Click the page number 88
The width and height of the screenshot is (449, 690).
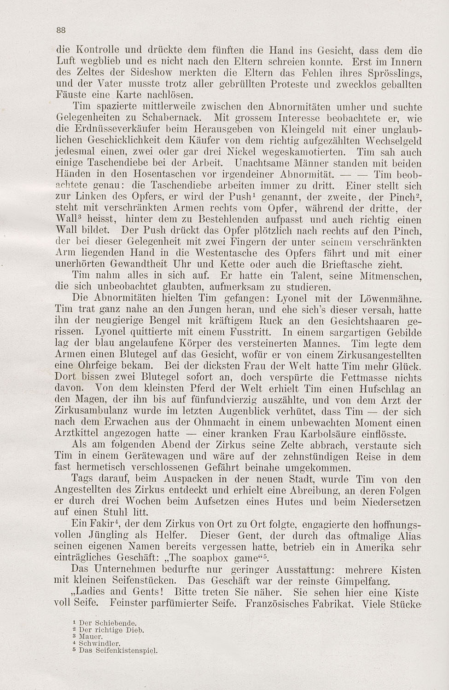point(61,30)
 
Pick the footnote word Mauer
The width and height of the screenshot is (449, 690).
point(91,637)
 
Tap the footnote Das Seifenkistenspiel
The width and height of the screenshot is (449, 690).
point(118,650)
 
